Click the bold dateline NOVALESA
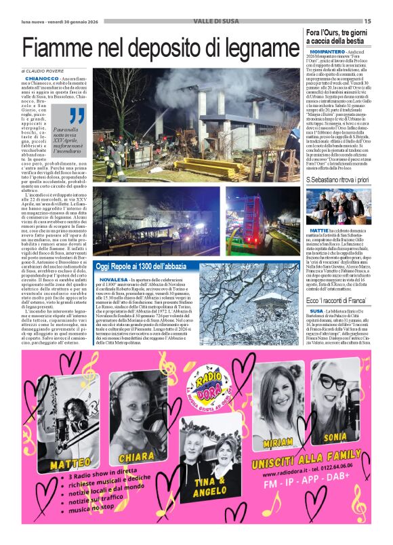[x=110, y=279]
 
